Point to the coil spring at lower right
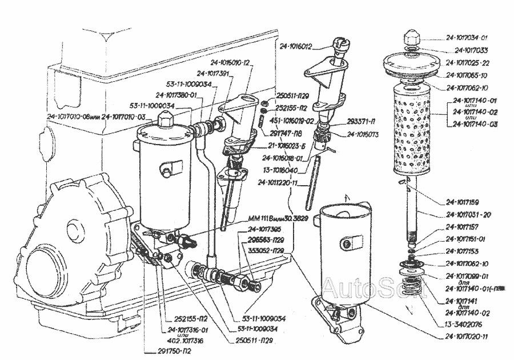(x=415, y=282)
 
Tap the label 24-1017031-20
(x=467, y=215)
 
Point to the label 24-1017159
(x=463, y=202)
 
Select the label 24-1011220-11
(x=279, y=183)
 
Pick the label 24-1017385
(x=265, y=230)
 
